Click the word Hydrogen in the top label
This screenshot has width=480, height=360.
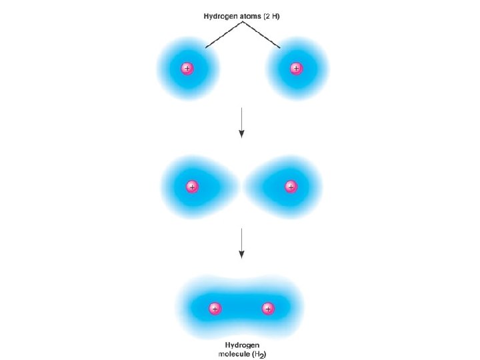point(222,15)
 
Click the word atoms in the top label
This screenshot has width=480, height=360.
point(253,15)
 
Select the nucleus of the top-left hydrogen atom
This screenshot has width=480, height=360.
point(187,68)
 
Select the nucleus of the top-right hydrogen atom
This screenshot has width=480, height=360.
point(295,68)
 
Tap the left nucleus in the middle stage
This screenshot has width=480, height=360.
point(192,187)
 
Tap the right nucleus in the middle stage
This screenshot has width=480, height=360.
point(290,187)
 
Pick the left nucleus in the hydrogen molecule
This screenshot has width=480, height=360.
point(215,308)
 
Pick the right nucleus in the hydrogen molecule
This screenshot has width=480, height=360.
point(268,308)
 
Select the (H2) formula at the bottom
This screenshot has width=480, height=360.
point(261,354)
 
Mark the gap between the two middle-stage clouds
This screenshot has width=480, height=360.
point(241,187)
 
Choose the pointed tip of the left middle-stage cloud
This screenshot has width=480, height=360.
point(235,187)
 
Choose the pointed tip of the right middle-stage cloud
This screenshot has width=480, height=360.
point(248,187)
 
